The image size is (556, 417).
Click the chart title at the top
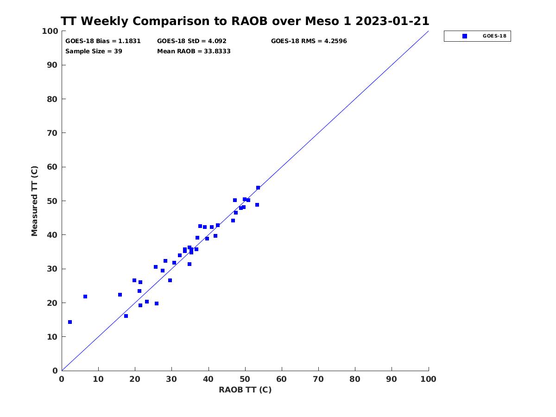(x=245, y=21)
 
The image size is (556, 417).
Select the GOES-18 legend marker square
(x=465, y=36)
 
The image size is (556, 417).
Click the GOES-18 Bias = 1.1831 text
(x=103, y=41)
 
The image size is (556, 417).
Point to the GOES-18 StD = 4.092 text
(x=192, y=41)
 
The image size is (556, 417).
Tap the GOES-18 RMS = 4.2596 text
(x=309, y=41)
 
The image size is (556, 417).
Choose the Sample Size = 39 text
(x=94, y=51)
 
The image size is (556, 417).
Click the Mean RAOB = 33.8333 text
(x=194, y=51)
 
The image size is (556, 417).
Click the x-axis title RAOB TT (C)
(x=245, y=390)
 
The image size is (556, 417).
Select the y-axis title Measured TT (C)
(x=34, y=201)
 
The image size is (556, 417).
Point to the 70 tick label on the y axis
(x=52, y=133)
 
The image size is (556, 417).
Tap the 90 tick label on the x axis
(x=392, y=379)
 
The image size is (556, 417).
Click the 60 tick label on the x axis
(x=281, y=379)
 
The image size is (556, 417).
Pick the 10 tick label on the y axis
(x=52, y=337)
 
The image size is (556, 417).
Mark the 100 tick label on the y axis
(x=50, y=31)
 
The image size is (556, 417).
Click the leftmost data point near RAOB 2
(x=70, y=322)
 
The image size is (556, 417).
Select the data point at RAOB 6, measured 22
(x=85, y=297)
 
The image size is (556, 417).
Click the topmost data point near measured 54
(x=258, y=188)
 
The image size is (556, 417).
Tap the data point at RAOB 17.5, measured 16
(x=126, y=316)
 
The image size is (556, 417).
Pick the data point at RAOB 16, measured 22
(x=120, y=295)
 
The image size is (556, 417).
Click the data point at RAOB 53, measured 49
(x=257, y=205)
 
